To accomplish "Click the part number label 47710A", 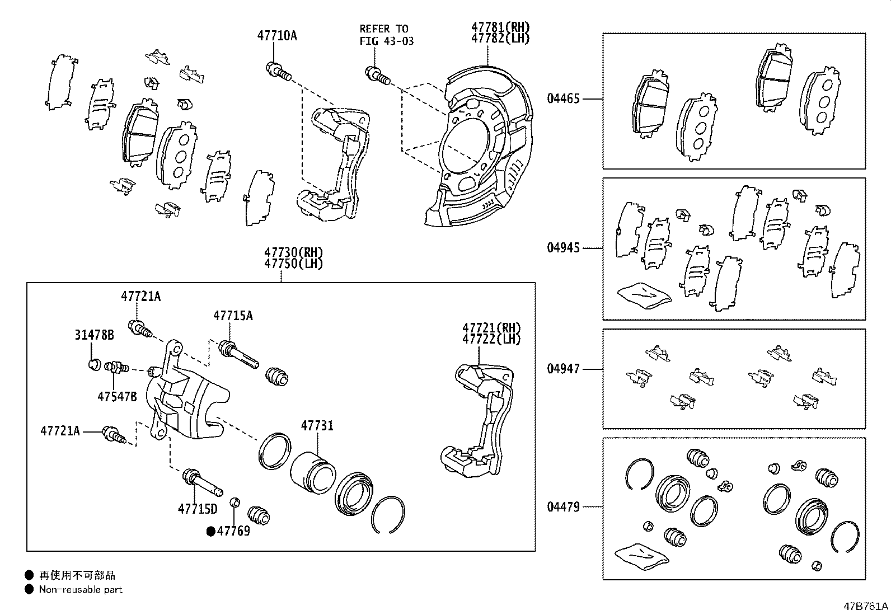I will [x=277, y=36].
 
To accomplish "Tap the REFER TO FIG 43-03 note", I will [x=386, y=35].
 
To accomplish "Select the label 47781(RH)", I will [x=500, y=27].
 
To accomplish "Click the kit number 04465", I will [x=564, y=99].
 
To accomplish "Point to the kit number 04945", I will [x=564, y=247].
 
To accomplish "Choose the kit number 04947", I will [x=564, y=369].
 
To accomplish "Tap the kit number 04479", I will [x=564, y=507].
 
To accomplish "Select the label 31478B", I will [x=94, y=335].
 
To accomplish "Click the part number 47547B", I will [x=117, y=397].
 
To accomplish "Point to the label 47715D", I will [x=198, y=509].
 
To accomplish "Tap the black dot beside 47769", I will [x=210, y=532].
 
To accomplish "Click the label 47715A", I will [x=232, y=316].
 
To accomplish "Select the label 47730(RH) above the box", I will [x=294, y=253].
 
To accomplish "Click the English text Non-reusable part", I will [x=80, y=589].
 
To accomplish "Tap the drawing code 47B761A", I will [x=866, y=607].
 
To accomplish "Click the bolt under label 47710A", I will [x=278, y=71].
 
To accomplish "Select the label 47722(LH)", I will [x=491, y=339].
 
